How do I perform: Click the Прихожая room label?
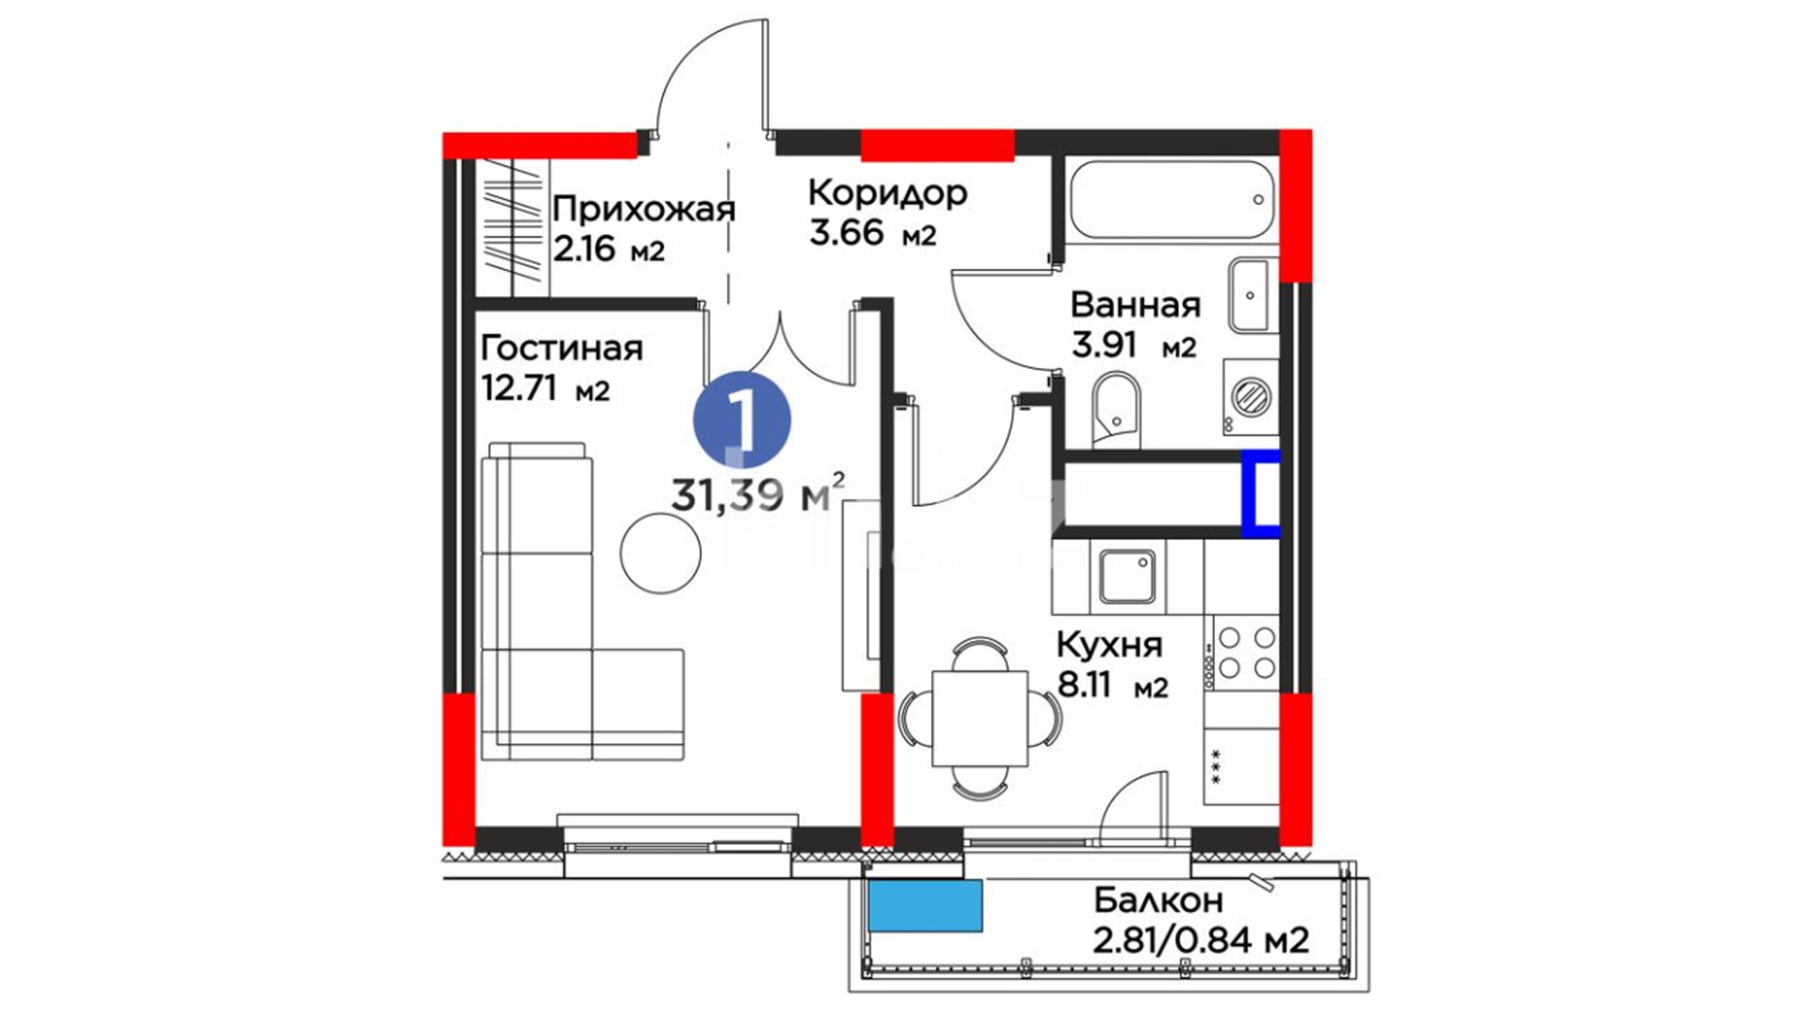pos(643,209)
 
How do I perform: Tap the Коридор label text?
pos(888,192)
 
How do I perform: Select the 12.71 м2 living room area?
pos(545,388)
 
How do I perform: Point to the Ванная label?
pos(1136,306)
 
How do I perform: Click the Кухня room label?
pos(1109,646)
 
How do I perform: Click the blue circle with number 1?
pos(742,419)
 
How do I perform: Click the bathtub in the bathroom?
pos(1172,200)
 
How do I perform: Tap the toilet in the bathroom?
pos(1117,409)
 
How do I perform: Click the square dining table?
pos(980,719)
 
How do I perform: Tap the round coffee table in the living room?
pos(660,553)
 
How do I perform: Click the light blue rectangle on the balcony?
pos(925,906)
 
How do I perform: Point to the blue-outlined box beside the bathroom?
pos(1260,493)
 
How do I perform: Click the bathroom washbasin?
pos(1252,295)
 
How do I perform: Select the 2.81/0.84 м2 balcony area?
pos(1201,940)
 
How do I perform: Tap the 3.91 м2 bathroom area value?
pos(1134,345)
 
